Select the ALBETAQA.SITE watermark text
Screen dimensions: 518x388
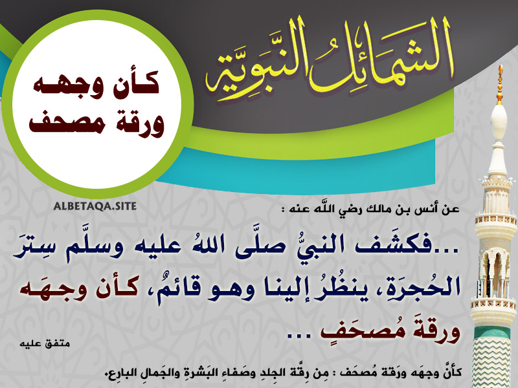tap(95, 206)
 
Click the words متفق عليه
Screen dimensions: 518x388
tap(45, 343)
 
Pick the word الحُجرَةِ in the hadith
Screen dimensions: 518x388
tap(425, 288)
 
